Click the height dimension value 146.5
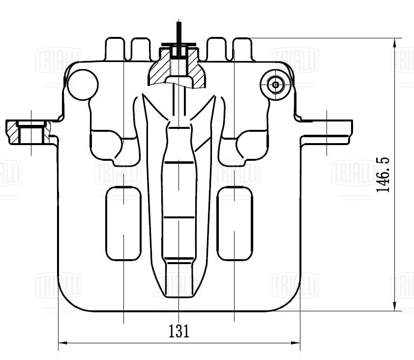point(384,175)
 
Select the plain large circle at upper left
point(82,84)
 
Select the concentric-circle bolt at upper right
point(275,84)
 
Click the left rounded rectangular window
point(123,223)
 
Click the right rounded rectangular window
point(235,223)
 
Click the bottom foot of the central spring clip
point(179,280)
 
